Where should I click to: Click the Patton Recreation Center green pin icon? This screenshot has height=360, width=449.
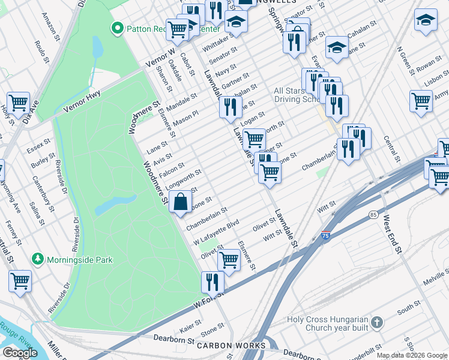118,28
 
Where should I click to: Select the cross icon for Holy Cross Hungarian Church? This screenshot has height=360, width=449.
376,323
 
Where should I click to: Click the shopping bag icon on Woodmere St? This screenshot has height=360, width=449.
181,203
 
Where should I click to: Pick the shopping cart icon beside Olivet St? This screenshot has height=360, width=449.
229,259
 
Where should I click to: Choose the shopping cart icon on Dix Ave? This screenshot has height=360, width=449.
19,102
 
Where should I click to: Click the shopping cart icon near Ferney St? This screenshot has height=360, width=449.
20,280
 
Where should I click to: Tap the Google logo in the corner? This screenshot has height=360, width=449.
20,353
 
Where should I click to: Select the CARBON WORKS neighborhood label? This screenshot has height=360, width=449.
231,346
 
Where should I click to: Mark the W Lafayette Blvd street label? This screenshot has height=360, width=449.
216,232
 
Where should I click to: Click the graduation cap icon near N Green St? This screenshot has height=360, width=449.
426,19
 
